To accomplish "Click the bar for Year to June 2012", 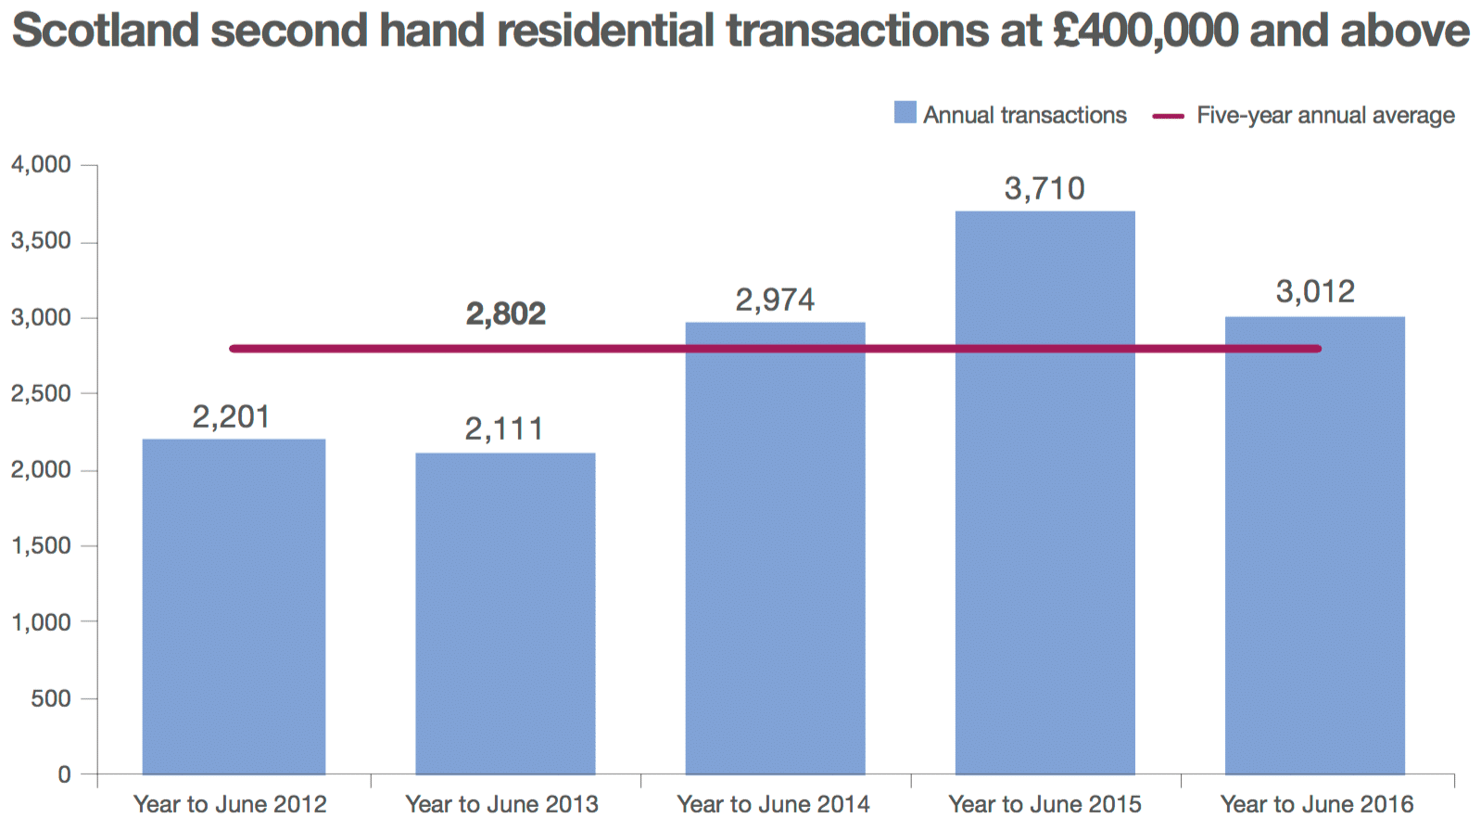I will (x=234, y=607).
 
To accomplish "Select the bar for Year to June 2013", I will (x=505, y=613).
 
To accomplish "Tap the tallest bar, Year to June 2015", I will (x=1044, y=492).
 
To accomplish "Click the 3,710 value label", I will (x=1044, y=189).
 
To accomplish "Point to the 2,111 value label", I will (x=504, y=429).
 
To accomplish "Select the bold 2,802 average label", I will (x=505, y=314).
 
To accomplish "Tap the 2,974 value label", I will (x=775, y=300).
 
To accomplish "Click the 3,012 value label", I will (x=1315, y=292).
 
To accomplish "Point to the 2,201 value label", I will (x=232, y=417).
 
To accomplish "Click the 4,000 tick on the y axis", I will (x=41, y=165).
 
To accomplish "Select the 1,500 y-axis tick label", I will (x=41, y=546).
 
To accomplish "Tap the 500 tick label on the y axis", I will (x=50, y=698).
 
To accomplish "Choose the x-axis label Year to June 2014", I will (x=773, y=804).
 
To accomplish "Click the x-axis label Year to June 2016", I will (x=1317, y=804).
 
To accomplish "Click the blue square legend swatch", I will (x=905, y=113).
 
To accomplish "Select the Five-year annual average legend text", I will (x=1325, y=115).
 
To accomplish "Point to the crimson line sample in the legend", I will (x=1168, y=116).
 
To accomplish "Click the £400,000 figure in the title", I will (x=1146, y=31).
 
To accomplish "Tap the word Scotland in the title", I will (x=105, y=31).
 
